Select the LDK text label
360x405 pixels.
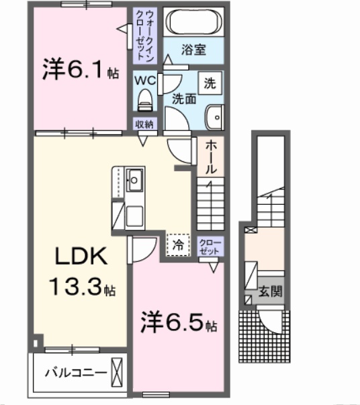(x=80, y=257)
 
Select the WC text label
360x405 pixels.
(x=145, y=81)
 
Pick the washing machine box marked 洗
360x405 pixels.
(x=211, y=83)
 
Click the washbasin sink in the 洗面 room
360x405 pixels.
(x=215, y=118)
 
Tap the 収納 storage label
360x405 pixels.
(x=144, y=124)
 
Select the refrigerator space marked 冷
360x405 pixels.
(x=178, y=245)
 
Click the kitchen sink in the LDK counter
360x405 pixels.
(x=135, y=179)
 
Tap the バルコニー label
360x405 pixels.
(x=72, y=370)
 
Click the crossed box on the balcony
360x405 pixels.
(x=118, y=370)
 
